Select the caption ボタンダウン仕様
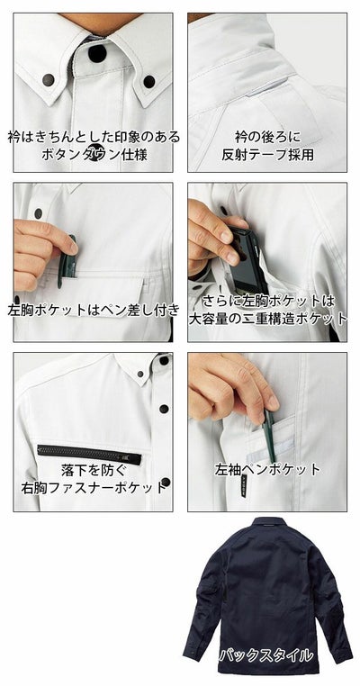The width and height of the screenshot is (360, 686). (93, 154)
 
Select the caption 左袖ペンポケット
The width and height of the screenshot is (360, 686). (267, 470)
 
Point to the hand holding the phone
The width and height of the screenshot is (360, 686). (209, 233)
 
